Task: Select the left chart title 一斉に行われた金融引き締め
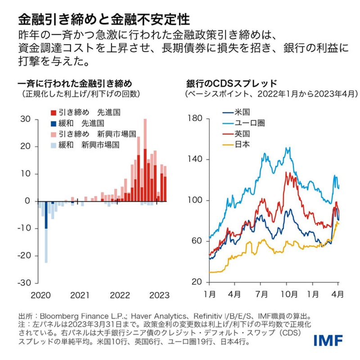click(75, 84)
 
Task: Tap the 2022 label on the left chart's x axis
click(120, 295)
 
